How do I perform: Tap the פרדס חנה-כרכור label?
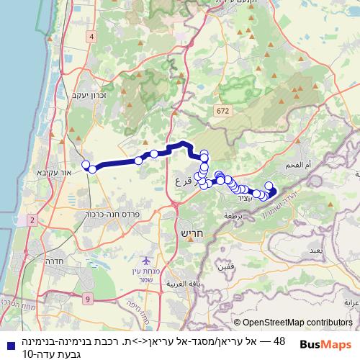[x=102, y=213]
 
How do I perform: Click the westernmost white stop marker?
[x=86, y=165]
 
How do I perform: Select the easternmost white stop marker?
[x=273, y=192]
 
